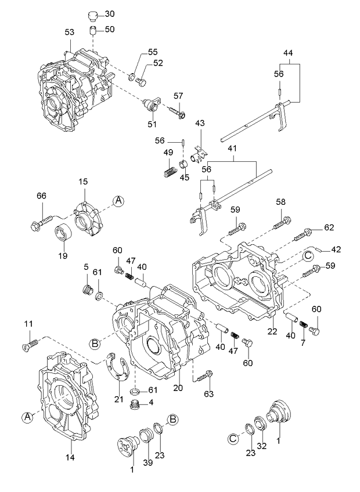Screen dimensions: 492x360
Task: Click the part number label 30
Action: pyautogui.click(x=110, y=13)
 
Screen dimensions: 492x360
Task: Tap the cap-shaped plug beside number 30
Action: pyautogui.click(x=92, y=15)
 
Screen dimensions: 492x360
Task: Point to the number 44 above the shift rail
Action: pyautogui.click(x=289, y=53)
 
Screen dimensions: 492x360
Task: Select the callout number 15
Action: pyautogui.click(x=82, y=183)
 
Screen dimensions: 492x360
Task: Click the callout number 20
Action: pyautogui.click(x=178, y=388)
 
